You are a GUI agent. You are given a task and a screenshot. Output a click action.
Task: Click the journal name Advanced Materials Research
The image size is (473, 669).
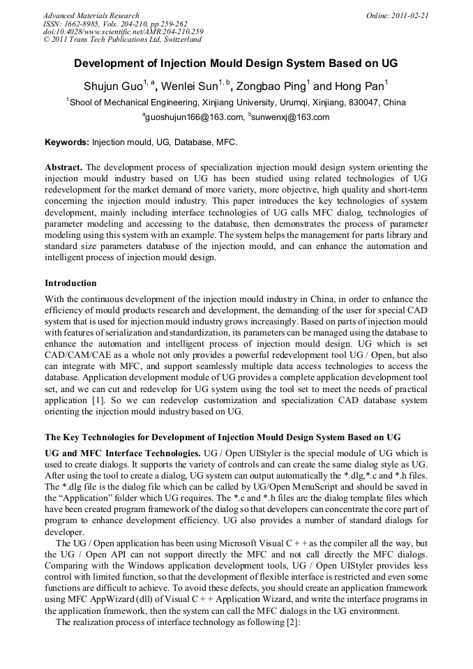coord(91,15)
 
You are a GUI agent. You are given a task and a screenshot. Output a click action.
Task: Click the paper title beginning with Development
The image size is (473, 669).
coord(236,63)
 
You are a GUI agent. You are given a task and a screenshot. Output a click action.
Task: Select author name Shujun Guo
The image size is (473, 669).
coord(112,87)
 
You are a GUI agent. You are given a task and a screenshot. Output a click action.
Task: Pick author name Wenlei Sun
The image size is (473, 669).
coord(189,87)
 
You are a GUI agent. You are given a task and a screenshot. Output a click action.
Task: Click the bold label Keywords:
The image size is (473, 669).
coord(67,142)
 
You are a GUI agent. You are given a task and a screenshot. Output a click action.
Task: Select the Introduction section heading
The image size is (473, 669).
coord(70,283)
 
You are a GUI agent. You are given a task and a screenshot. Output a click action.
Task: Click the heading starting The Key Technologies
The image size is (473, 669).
coord(223,437)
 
